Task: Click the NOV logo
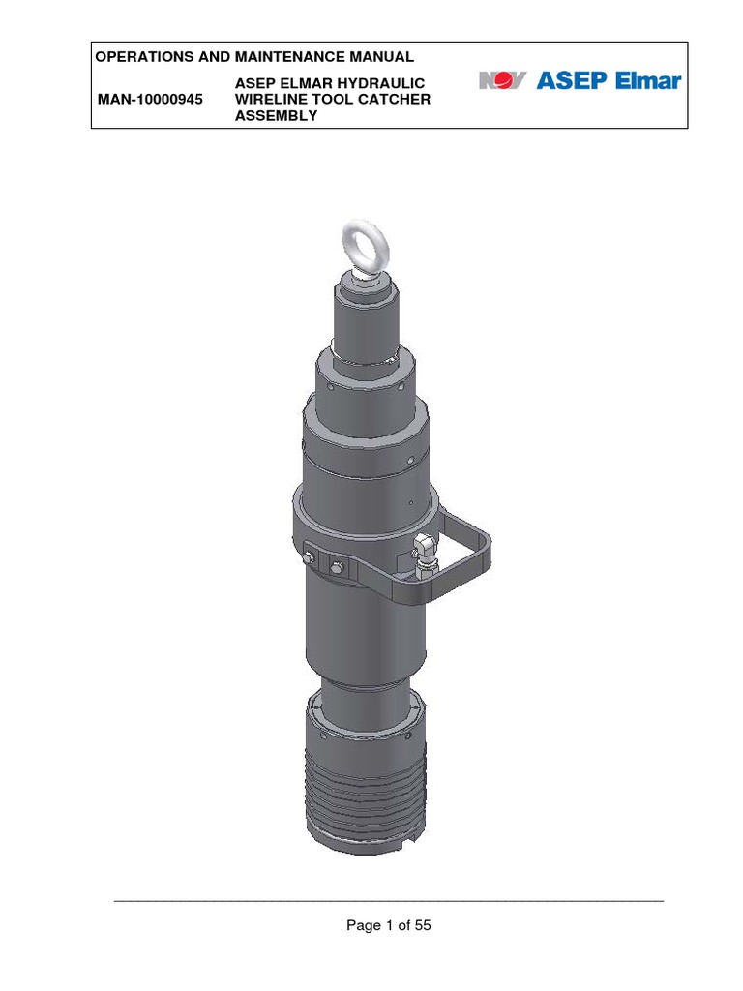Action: pos(503,80)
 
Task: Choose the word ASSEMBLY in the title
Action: pos(277,116)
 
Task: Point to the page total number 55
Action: pos(422,926)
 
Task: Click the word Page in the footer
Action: pos(364,926)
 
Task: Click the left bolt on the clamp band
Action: pos(309,558)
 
